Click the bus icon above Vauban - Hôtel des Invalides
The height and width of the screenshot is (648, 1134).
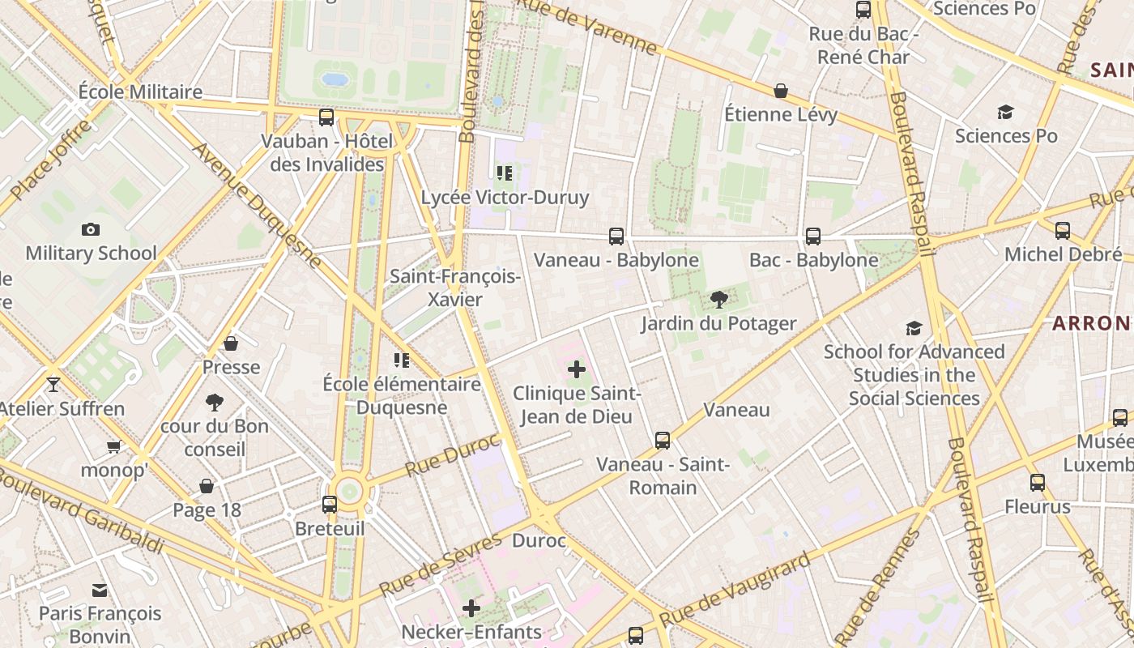point(326,117)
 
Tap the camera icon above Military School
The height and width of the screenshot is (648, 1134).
point(91,230)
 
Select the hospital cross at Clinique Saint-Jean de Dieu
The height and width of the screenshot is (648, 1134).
point(577,370)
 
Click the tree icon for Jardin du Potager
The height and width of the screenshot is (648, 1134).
point(718,301)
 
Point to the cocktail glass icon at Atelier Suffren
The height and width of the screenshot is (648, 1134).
point(53,384)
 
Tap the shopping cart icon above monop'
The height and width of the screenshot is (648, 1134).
point(114,446)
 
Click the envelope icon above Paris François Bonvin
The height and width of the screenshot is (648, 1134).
point(100,590)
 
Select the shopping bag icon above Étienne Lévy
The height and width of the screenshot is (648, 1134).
point(781,91)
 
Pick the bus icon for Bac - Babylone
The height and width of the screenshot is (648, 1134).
point(813,237)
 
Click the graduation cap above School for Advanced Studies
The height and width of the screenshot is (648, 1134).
point(914,328)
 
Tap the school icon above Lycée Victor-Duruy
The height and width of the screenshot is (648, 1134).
point(505,173)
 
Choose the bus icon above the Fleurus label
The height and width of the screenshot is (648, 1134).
point(1038,484)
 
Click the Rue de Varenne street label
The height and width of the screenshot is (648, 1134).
point(587,28)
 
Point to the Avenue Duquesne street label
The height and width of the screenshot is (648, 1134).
point(258,206)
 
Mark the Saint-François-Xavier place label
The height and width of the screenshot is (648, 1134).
point(455,288)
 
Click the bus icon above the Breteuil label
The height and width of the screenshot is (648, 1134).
point(330,505)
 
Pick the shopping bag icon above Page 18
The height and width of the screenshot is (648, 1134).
point(207,486)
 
